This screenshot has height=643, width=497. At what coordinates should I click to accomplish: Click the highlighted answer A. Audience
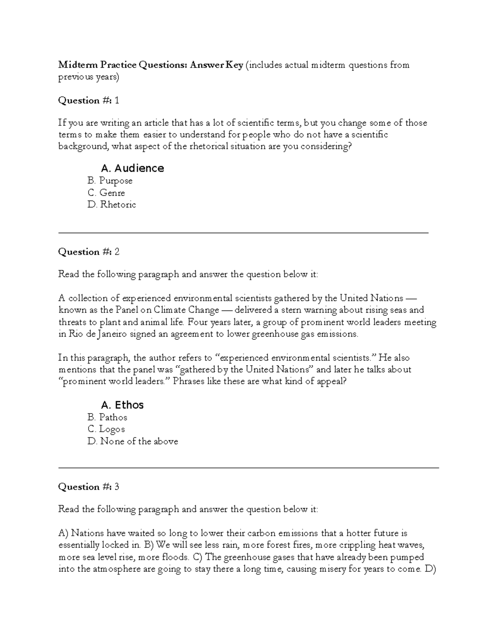pos(132,168)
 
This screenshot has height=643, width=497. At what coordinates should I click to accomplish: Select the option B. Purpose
pos(110,181)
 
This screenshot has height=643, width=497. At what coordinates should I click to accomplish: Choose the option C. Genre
pos(106,193)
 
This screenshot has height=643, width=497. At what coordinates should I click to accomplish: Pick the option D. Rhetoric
pos(112,205)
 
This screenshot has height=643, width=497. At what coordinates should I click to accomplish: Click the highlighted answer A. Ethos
pos(122,405)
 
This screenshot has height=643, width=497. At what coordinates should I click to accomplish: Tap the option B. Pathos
pos(107,417)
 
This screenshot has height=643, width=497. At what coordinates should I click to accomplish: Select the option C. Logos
pos(106,429)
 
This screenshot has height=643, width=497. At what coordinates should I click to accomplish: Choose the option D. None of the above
pos(133,441)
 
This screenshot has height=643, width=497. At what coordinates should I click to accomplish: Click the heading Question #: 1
pos(89,101)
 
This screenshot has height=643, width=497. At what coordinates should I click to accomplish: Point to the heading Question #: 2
pos(89,252)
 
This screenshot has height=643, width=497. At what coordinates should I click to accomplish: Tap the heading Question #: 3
pos(89,487)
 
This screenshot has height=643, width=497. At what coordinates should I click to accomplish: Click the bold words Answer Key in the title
pos(217,65)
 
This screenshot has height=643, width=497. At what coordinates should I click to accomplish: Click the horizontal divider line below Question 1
pos(244,233)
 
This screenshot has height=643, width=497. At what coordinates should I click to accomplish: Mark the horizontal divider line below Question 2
pos(248,468)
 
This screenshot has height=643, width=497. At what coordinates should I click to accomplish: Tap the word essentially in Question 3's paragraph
pos(79,545)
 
